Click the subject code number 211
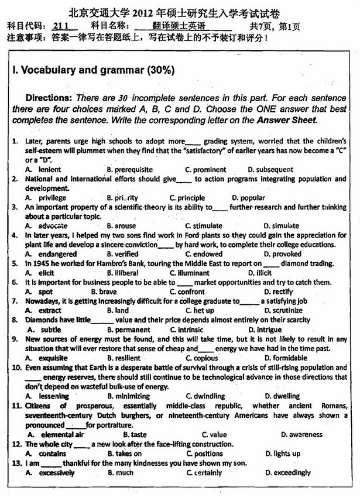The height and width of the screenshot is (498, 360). click(61, 26)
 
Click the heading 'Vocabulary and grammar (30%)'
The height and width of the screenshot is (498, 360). click(93, 70)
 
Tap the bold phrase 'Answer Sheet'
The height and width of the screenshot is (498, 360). click(286, 120)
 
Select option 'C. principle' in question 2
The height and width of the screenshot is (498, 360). click(187, 198)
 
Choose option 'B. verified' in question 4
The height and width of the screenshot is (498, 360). click(123, 254)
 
